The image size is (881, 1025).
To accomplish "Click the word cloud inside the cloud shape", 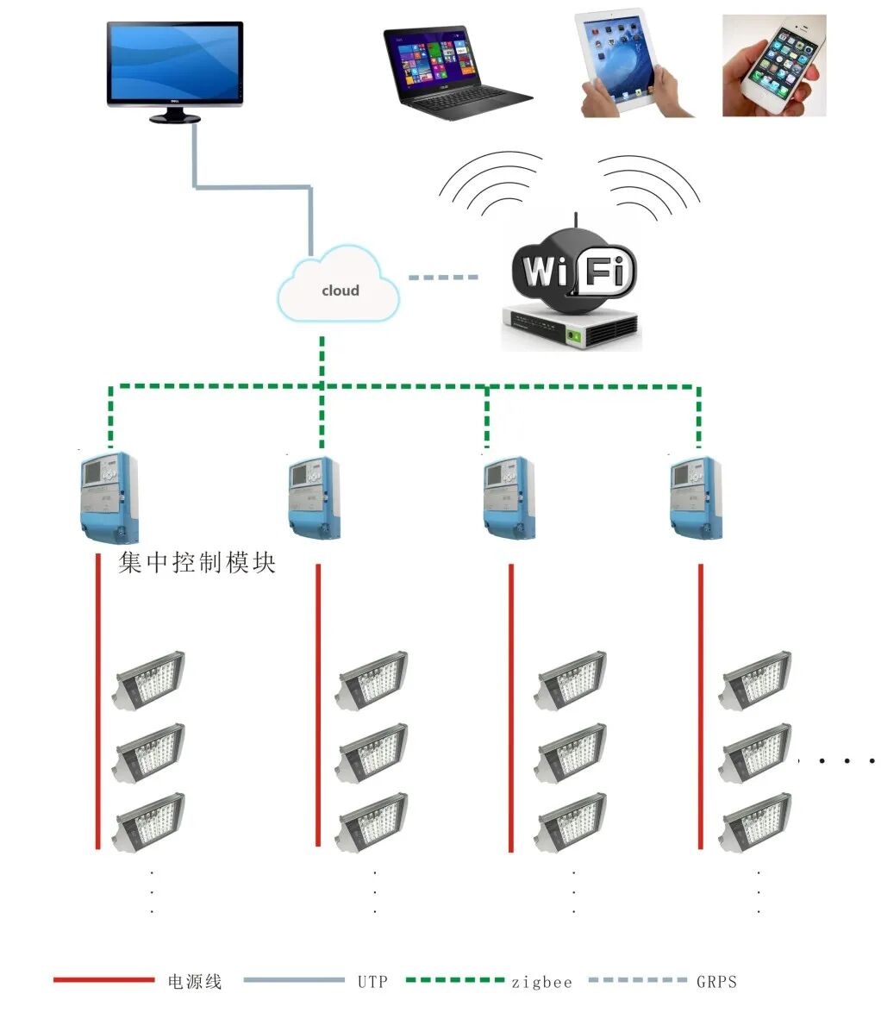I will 340,291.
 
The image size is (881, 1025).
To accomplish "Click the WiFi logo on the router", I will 572,270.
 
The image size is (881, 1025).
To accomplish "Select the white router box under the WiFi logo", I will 572,328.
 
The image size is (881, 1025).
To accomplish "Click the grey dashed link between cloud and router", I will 442,278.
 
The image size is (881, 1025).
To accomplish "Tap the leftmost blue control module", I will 109,496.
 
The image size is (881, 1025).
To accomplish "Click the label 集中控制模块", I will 197,564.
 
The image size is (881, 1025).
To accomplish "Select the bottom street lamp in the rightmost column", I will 756,822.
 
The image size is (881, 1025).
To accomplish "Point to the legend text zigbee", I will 541,981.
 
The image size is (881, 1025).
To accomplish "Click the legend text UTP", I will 372,981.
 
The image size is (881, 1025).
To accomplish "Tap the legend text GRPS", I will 716,981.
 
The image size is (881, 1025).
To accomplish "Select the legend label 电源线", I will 194,981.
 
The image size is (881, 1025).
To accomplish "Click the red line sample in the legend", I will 103,980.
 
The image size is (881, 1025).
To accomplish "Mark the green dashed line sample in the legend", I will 454,980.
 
